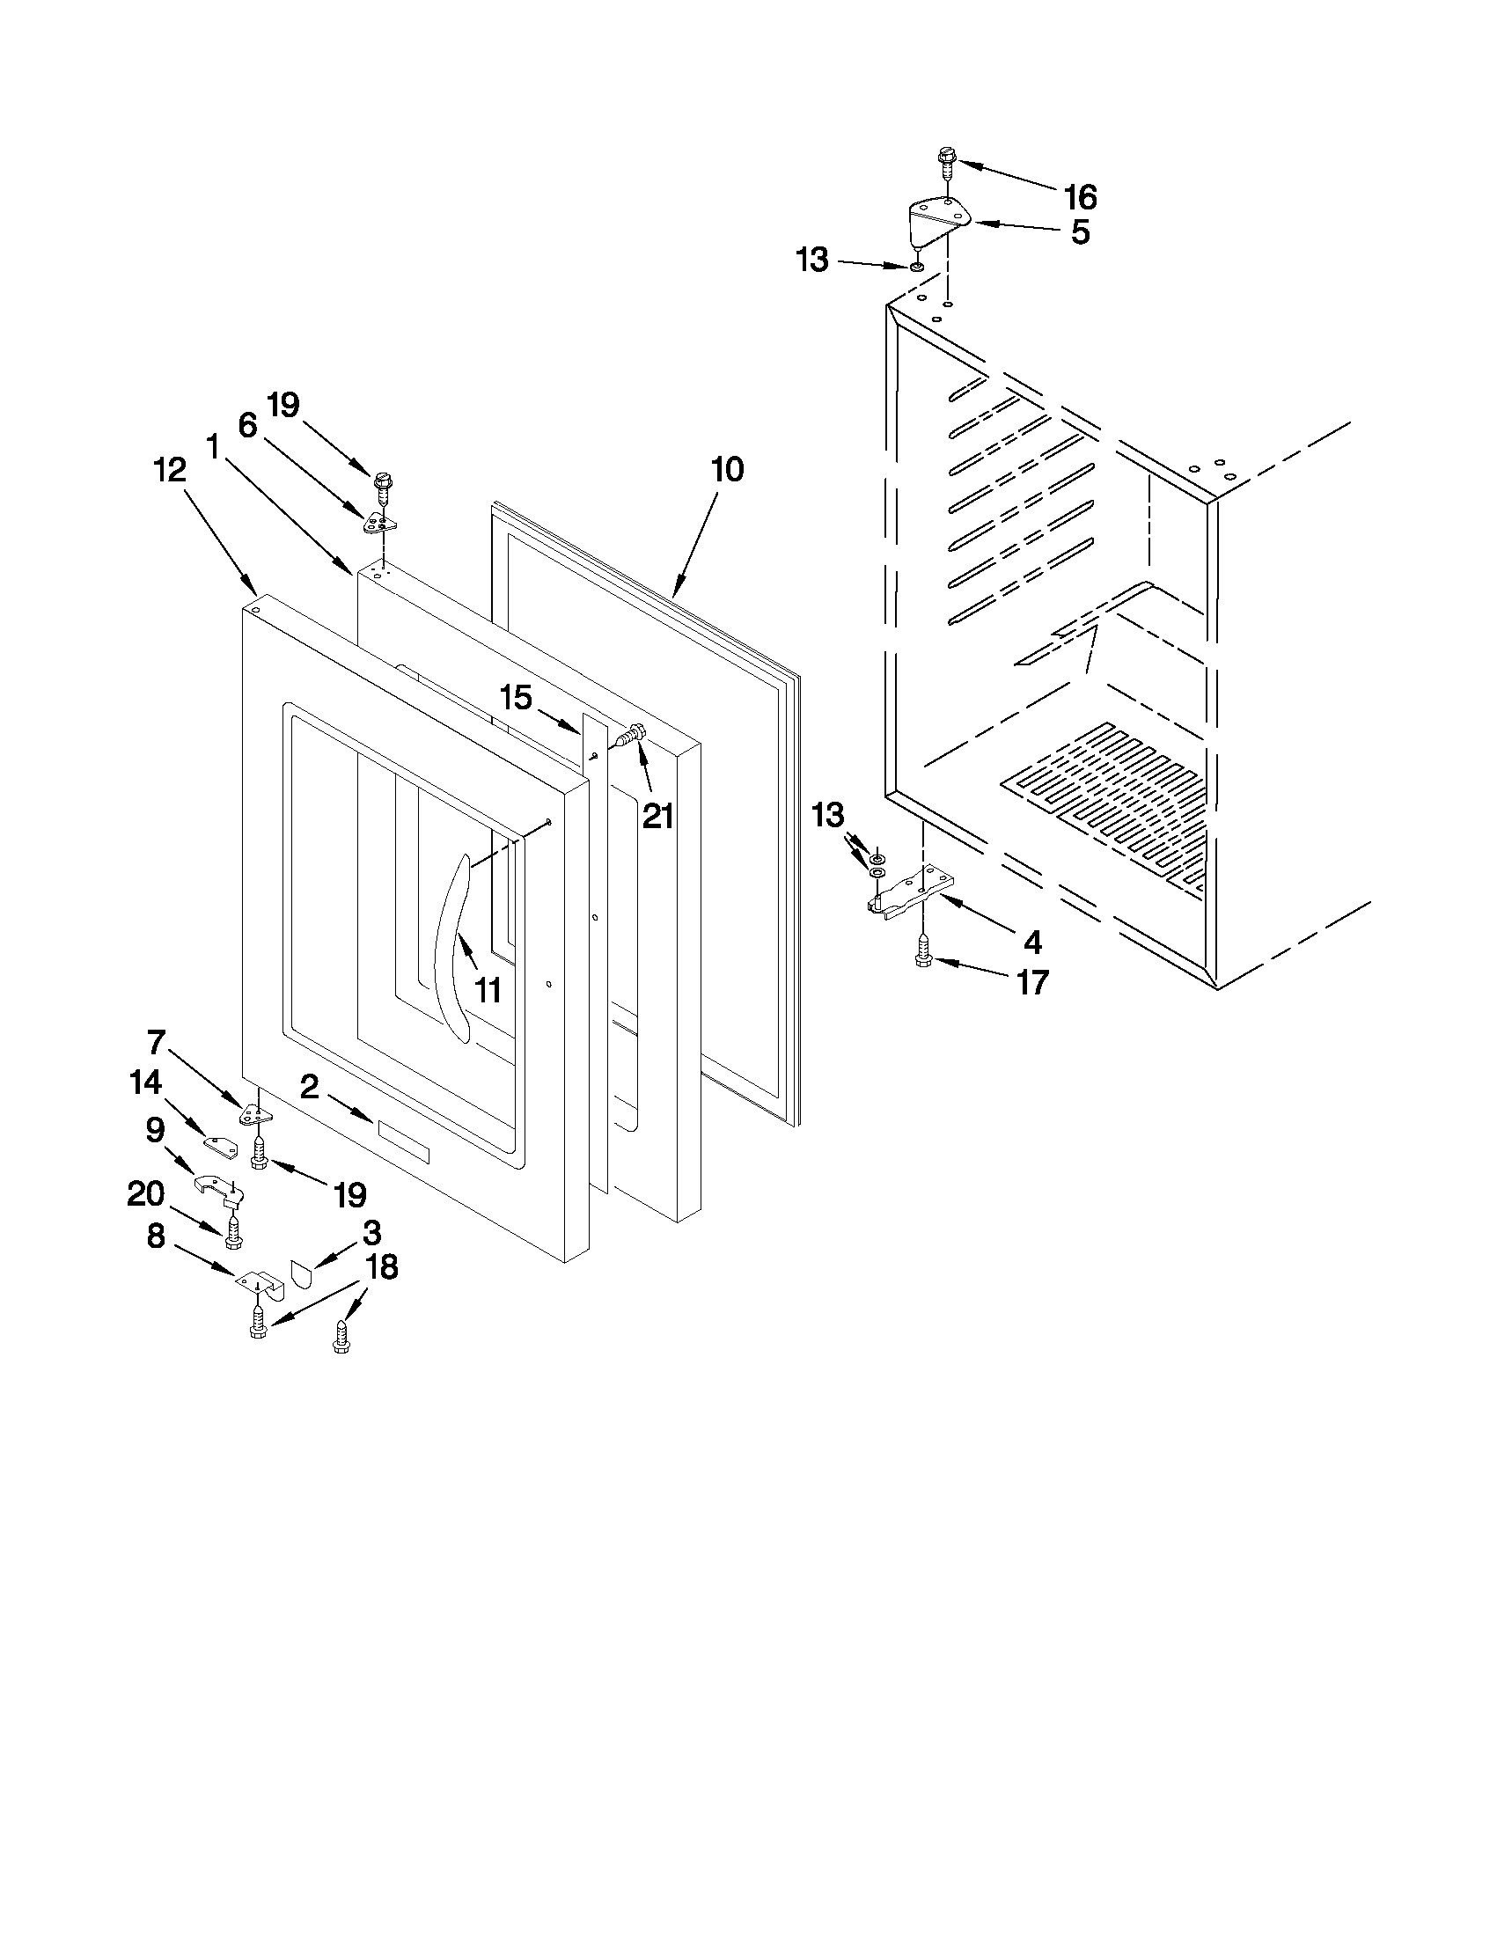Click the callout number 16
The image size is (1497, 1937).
pos(1080,196)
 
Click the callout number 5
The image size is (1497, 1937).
pos(1079,232)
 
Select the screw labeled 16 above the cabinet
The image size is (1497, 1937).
pos(945,163)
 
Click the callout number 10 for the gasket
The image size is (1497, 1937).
pos(727,469)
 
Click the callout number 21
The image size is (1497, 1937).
pos(658,815)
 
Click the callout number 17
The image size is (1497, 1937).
pos(1032,982)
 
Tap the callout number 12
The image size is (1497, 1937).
pos(170,469)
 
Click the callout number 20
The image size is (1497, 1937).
pos(145,1193)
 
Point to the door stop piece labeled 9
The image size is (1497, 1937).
pos(217,1188)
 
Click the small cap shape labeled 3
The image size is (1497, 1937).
pos(303,1273)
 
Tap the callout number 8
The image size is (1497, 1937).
pos(156,1236)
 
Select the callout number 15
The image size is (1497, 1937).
pos(515,698)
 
